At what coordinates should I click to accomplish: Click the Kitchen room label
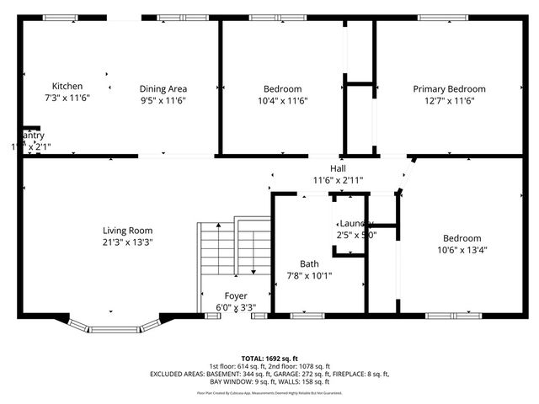[67, 87]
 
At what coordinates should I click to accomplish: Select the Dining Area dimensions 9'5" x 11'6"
[163, 100]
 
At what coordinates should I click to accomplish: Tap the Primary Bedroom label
[449, 89]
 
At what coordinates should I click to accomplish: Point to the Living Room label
[127, 231]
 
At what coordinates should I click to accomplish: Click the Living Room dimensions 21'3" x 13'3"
[127, 242]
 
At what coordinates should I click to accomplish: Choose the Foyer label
[235, 296]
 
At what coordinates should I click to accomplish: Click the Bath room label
[309, 263]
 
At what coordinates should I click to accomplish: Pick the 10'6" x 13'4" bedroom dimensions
[462, 249]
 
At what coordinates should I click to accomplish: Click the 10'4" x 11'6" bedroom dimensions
[282, 100]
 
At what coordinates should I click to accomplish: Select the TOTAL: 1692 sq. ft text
[269, 357]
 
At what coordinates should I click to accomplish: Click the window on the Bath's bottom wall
[307, 316]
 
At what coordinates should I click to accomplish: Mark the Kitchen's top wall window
[60, 18]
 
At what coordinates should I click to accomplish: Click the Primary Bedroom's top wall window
[443, 18]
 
